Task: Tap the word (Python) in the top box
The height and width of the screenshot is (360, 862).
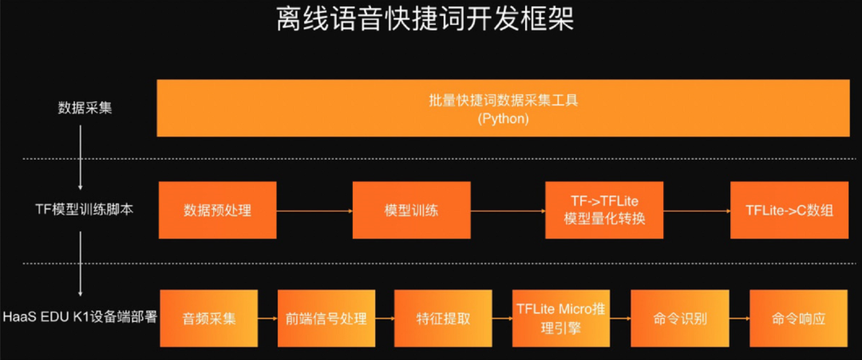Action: [503, 118]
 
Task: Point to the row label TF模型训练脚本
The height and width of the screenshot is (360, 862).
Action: [81, 211]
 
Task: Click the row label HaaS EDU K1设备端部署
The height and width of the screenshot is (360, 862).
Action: [80, 316]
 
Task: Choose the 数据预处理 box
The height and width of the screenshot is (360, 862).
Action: [217, 211]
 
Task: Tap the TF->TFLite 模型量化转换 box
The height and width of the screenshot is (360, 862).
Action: [603, 211]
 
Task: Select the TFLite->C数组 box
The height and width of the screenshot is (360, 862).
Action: [789, 211]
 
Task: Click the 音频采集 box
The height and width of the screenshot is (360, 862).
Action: [210, 318]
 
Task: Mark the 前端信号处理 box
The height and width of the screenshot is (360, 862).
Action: [326, 318]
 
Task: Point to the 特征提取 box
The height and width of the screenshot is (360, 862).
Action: [443, 318]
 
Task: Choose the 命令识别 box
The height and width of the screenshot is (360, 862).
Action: [680, 318]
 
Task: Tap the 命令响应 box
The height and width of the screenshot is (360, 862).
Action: [798, 318]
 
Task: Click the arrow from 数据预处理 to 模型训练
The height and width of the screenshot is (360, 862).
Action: [314, 211]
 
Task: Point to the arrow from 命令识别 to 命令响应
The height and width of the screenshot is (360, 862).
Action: [739, 318]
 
